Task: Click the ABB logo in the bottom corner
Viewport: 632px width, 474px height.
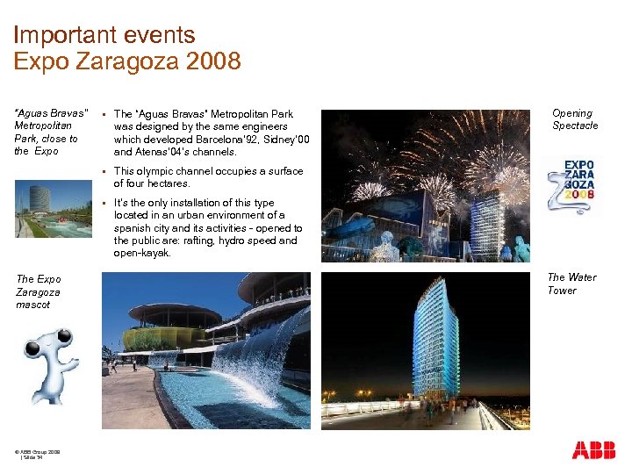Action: pos(593,450)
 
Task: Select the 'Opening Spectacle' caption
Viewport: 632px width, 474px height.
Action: pos(574,119)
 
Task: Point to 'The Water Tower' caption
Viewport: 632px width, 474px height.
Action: pos(571,284)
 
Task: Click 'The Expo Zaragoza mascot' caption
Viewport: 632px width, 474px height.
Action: pos(39,291)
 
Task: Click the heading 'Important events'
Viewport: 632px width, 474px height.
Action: pos(104,36)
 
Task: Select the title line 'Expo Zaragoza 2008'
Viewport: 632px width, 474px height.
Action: pos(127,61)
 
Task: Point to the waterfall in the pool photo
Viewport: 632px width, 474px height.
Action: pos(255,360)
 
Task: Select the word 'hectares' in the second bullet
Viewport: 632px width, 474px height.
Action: pos(169,184)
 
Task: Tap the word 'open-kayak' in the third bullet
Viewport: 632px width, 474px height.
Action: pos(142,253)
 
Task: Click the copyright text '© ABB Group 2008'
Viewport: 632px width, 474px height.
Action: pos(37,451)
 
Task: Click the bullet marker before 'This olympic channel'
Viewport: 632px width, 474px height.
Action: pos(104,171)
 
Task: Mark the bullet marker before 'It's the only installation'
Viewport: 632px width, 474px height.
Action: pos(104,203)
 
